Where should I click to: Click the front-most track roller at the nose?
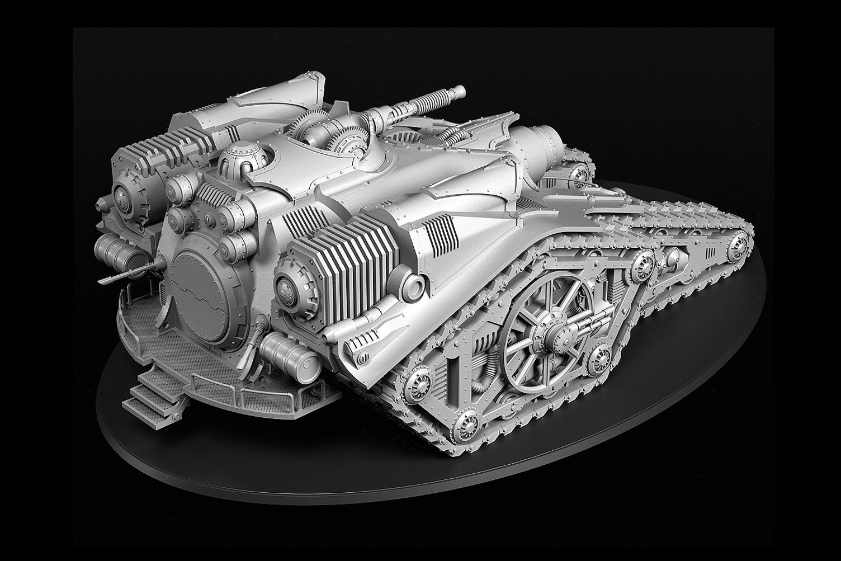pos(739,243)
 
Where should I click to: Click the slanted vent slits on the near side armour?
pos(440,234)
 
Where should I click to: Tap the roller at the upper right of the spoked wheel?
pos(642,263)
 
